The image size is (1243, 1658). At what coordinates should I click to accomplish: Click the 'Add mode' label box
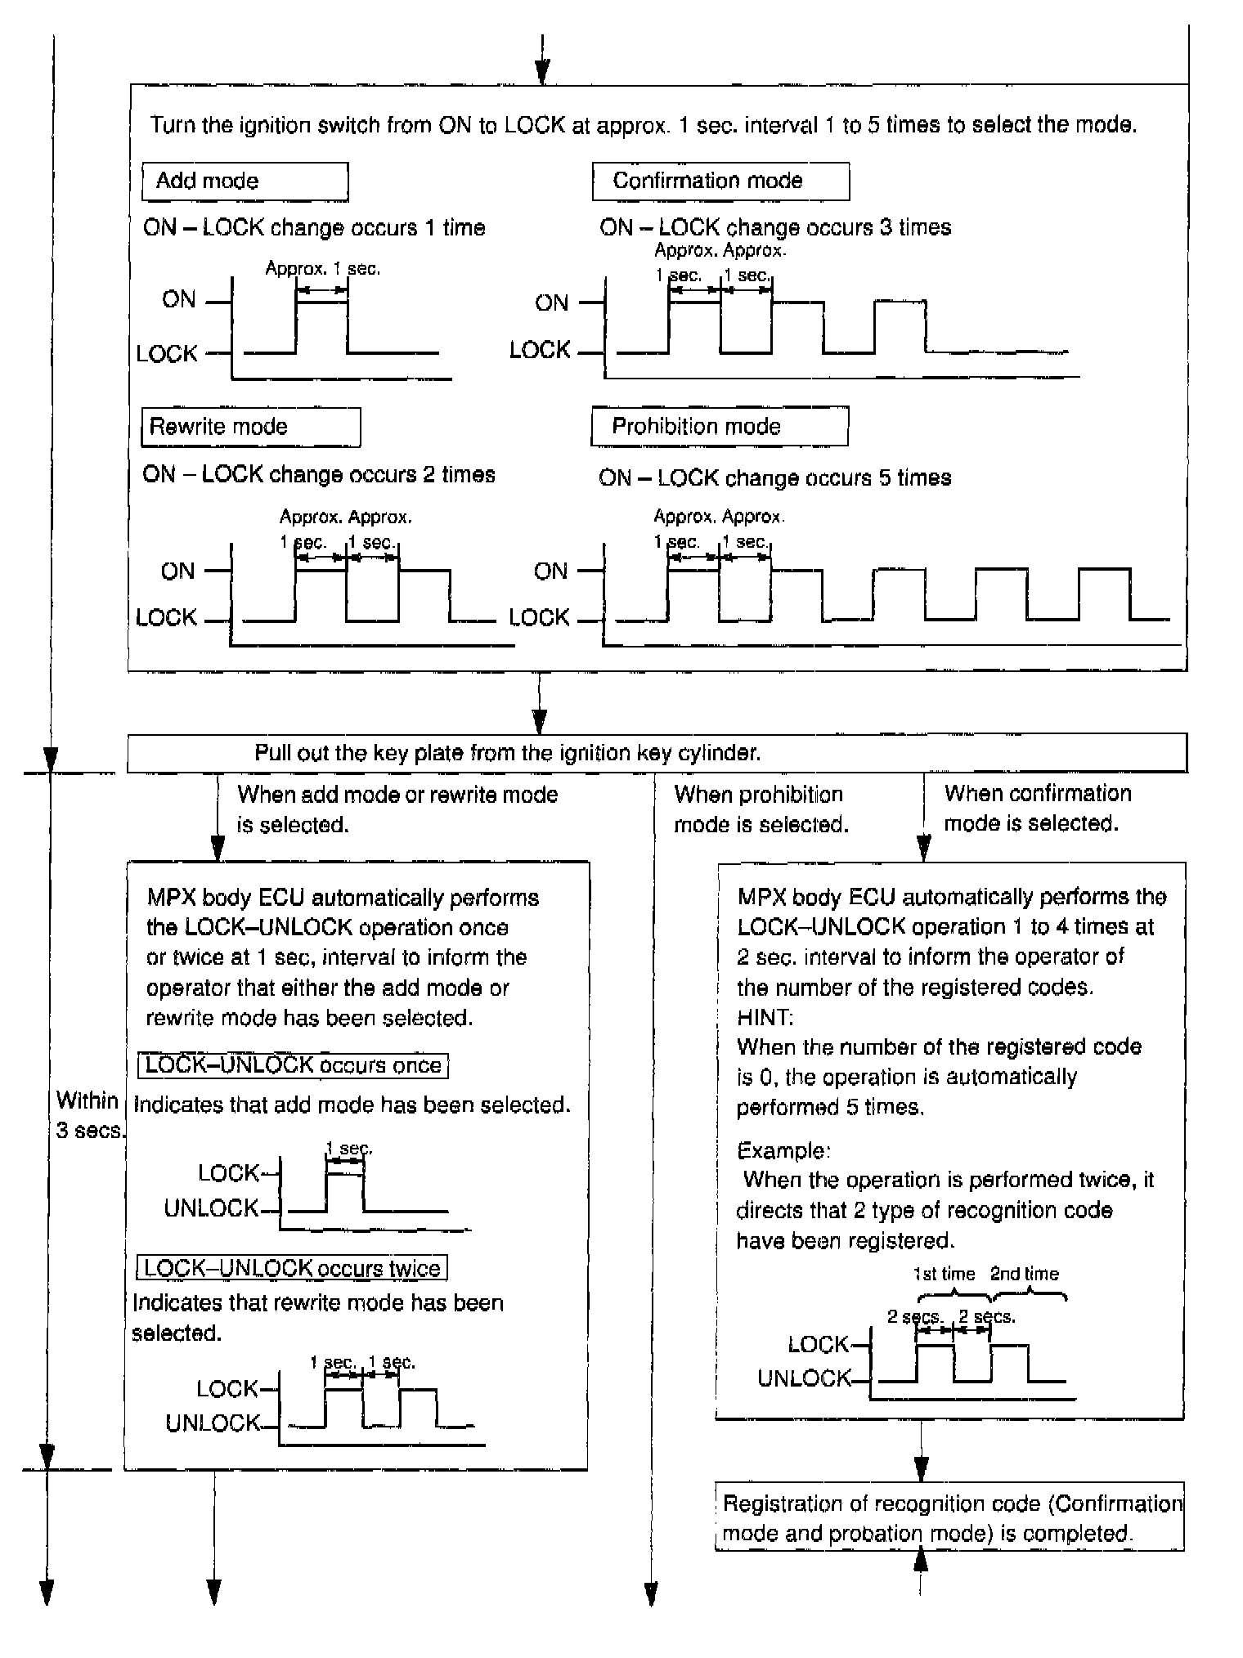point(245,181)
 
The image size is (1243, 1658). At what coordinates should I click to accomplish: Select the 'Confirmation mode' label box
point(720,181)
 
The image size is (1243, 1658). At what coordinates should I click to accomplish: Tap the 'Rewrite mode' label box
point(250,427)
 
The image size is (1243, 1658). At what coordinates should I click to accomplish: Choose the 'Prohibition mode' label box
point(719,427)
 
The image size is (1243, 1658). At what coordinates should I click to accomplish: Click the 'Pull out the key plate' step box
point(657,753)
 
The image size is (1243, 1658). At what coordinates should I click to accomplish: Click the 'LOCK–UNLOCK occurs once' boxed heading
point(294,1065)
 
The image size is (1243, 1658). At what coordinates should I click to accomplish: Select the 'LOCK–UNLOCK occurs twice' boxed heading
point(292,1268)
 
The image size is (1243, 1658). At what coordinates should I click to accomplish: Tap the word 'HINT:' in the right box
point(765,1017)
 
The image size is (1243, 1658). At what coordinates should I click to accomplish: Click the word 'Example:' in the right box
point(783,1150)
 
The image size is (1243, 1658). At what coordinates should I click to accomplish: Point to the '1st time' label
point(944,1274)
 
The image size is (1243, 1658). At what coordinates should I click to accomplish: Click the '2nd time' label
point(1024,1274)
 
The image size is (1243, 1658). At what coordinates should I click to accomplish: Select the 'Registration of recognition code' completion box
point(949,1518)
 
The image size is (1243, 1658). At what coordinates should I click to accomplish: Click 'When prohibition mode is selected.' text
point(761,809)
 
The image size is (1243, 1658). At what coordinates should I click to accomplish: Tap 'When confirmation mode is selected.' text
point(1037,808)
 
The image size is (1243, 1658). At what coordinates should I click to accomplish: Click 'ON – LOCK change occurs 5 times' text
point(774,477)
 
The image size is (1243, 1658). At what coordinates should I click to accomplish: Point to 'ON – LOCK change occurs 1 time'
point(314,227)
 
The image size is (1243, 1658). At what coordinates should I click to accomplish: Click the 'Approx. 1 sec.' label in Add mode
point(323,268)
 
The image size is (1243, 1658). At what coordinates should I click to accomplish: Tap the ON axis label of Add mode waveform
point(179,300)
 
